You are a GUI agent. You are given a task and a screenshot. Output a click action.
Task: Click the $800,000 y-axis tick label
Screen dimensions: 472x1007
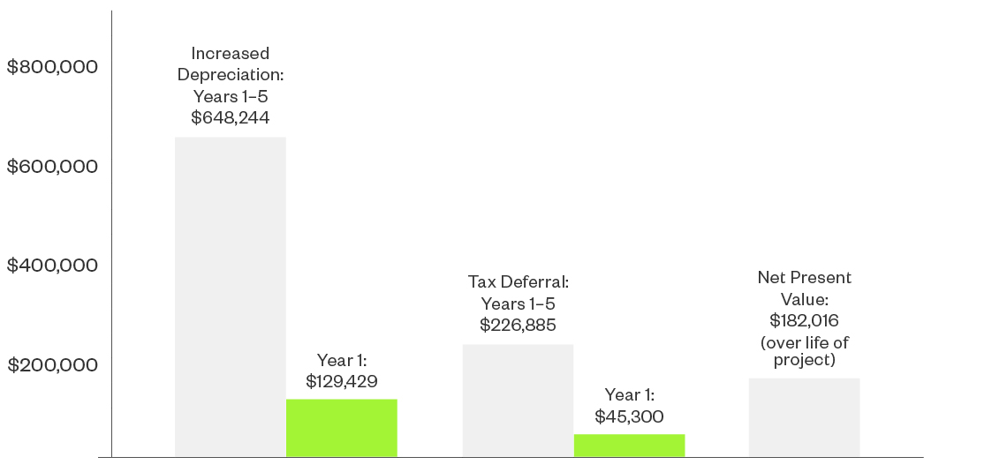pos(52,67)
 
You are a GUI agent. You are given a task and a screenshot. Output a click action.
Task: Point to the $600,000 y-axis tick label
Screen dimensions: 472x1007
pos(52,167)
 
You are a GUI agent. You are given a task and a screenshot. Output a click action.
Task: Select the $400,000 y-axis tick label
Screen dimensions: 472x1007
pos(52,266)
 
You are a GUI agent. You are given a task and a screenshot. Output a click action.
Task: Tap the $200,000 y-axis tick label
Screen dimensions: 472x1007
pos(52,365)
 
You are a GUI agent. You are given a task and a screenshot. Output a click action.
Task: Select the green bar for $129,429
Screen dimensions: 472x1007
pos(341,428)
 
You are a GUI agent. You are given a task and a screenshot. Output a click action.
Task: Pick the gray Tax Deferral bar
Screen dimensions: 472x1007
pos(518,401)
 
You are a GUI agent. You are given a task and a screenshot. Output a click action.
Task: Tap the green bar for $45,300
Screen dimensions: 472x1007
pos(629,446)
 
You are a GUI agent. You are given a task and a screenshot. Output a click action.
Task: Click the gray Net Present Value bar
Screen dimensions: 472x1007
pos(804,417)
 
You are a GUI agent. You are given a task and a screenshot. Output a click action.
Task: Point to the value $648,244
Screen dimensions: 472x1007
pos(230,117)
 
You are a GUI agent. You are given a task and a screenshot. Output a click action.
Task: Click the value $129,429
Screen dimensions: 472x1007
pos(341,381)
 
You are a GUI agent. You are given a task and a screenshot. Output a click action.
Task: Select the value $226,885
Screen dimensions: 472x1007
pos(518,325)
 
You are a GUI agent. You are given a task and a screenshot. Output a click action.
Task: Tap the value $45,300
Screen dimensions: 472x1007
pos(629,416)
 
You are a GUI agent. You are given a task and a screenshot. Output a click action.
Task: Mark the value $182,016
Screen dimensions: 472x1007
pos(804,320)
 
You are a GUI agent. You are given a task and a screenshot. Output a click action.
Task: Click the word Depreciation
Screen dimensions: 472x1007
pos(230,75)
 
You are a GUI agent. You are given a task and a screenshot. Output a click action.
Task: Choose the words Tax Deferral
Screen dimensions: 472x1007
pos(518,282)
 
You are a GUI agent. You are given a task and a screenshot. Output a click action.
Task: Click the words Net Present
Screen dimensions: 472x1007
pos(804,278)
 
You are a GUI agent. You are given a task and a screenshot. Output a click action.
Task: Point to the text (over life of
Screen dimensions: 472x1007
pos(804,343)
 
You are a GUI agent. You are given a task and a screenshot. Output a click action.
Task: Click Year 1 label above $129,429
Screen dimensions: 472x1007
pos(341,360)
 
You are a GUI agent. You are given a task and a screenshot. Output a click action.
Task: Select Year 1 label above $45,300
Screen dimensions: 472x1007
pos(629,395)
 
